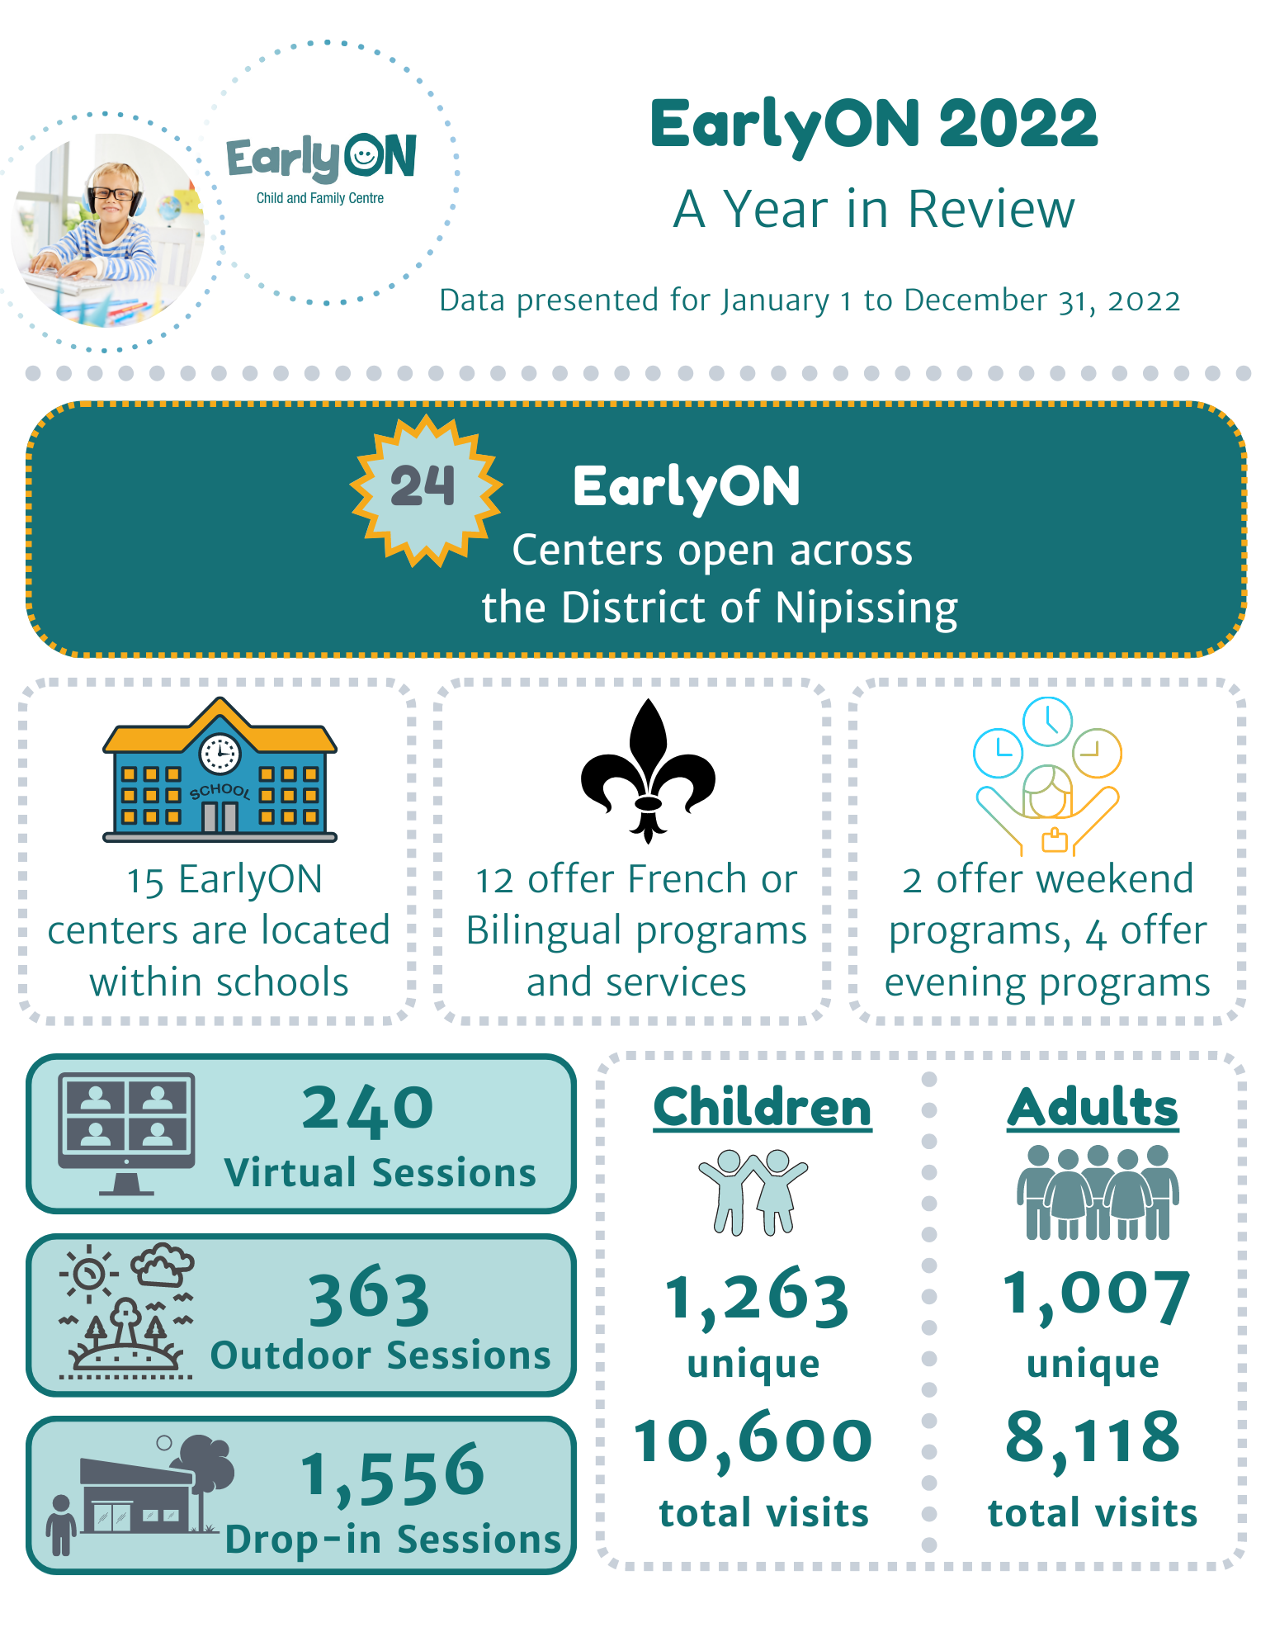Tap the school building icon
(220, 772)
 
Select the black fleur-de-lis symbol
(648, 772)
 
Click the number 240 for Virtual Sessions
(368, 1108)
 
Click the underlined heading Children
(763, 1108)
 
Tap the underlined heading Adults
(1093, 1108)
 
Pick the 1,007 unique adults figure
(1096, 1294)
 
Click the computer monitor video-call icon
(126, 1131)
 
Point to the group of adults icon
(1097, 1193)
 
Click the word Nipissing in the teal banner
(867, 608)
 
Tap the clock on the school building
(220, 753)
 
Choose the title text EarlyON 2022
(874, 124)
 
